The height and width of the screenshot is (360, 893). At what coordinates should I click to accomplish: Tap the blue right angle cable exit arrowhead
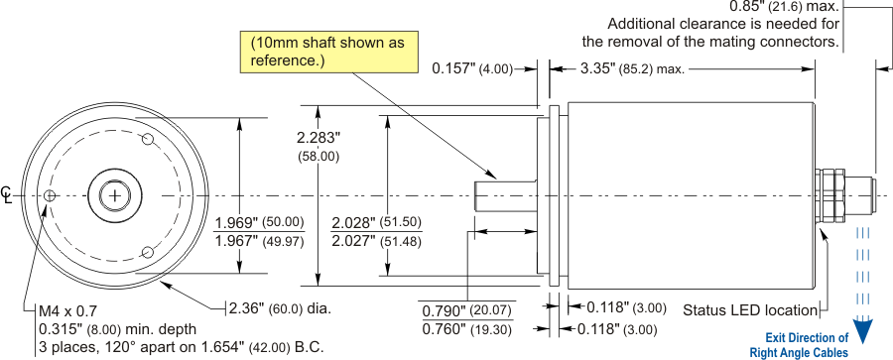(864, 331)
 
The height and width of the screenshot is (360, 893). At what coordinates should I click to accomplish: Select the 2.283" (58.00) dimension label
(319, 147)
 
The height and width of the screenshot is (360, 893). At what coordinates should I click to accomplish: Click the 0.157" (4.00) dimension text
(472, 68)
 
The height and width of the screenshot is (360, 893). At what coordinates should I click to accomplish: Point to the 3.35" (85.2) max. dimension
(632, 69)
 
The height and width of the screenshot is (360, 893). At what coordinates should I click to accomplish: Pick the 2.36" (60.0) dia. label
(280, 308)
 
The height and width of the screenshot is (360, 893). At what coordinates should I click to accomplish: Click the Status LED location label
(750, 310)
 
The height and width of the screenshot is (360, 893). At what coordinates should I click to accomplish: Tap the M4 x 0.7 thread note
(67, 311)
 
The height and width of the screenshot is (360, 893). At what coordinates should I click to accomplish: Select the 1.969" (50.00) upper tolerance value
(259, 222)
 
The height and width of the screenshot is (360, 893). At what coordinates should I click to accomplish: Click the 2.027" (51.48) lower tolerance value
(376, 241)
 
